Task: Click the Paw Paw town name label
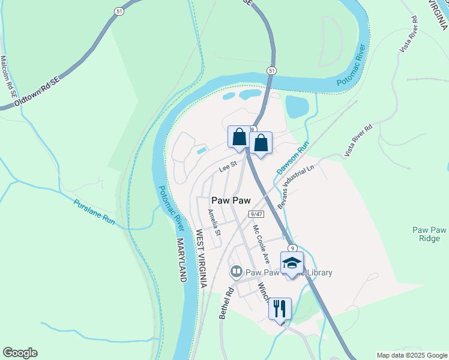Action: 231,200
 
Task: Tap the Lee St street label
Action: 228,168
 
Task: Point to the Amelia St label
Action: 214,222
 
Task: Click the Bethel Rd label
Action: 226,304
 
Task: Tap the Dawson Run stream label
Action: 292,158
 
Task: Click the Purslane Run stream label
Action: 94,212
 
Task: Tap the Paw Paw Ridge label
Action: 430,234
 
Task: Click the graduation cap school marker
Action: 292,262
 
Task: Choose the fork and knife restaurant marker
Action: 280,308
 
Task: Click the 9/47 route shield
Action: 256,214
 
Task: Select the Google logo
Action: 20,353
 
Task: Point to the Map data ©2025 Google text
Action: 411,355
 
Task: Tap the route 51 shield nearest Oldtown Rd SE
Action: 118,10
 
